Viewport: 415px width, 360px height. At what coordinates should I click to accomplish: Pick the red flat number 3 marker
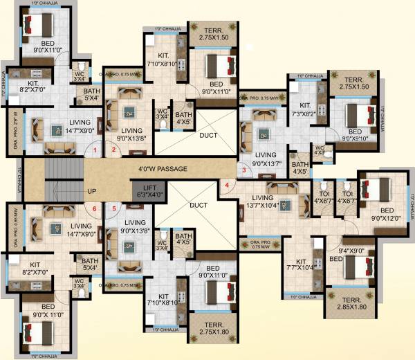click(x=243, y=169)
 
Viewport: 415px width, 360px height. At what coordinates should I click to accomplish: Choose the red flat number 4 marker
click(x=226, y=185)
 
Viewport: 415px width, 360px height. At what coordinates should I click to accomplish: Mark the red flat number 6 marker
click(x=95, y=208)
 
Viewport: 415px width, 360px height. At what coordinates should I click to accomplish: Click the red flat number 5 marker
click(x=114, y=208)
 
